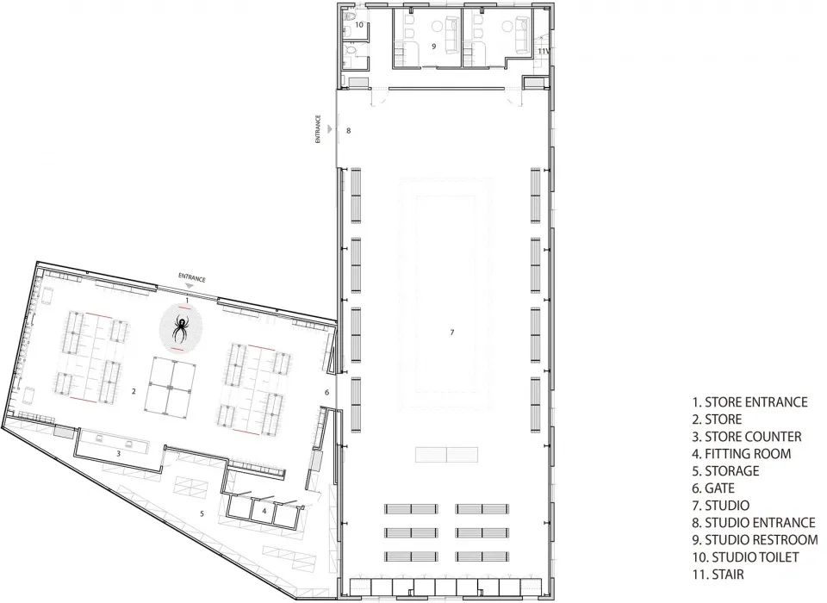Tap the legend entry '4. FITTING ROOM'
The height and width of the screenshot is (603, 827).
coord(742,454)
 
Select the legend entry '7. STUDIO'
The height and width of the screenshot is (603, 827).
coord(720,506)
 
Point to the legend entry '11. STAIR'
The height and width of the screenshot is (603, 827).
coord(718,574)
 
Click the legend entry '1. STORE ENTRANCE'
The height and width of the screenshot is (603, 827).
coord(749,402)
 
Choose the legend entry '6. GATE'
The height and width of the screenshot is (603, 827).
coord(713,488)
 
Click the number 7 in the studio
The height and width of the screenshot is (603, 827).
coord(452,333)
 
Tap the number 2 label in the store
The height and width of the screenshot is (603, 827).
coord(134,391)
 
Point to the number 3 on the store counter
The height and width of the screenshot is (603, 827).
coord(119,453)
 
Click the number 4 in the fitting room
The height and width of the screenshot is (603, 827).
coord(264,511)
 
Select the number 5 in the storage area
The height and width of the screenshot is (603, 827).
coord(202,513)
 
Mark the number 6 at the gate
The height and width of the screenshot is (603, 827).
coord(327,393)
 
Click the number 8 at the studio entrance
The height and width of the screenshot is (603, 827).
coord(348,130)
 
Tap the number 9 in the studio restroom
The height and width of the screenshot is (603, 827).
coord(433,47)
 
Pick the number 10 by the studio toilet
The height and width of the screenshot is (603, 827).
coord(359,25)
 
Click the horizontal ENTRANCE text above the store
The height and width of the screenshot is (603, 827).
coord(192,277)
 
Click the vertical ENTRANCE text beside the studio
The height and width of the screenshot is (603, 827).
coord(318,129)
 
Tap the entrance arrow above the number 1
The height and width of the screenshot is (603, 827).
coord(190,285)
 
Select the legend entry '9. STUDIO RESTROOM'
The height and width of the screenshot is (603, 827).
coord(755,540)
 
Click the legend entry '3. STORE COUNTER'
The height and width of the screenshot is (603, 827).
coord(747,437)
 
